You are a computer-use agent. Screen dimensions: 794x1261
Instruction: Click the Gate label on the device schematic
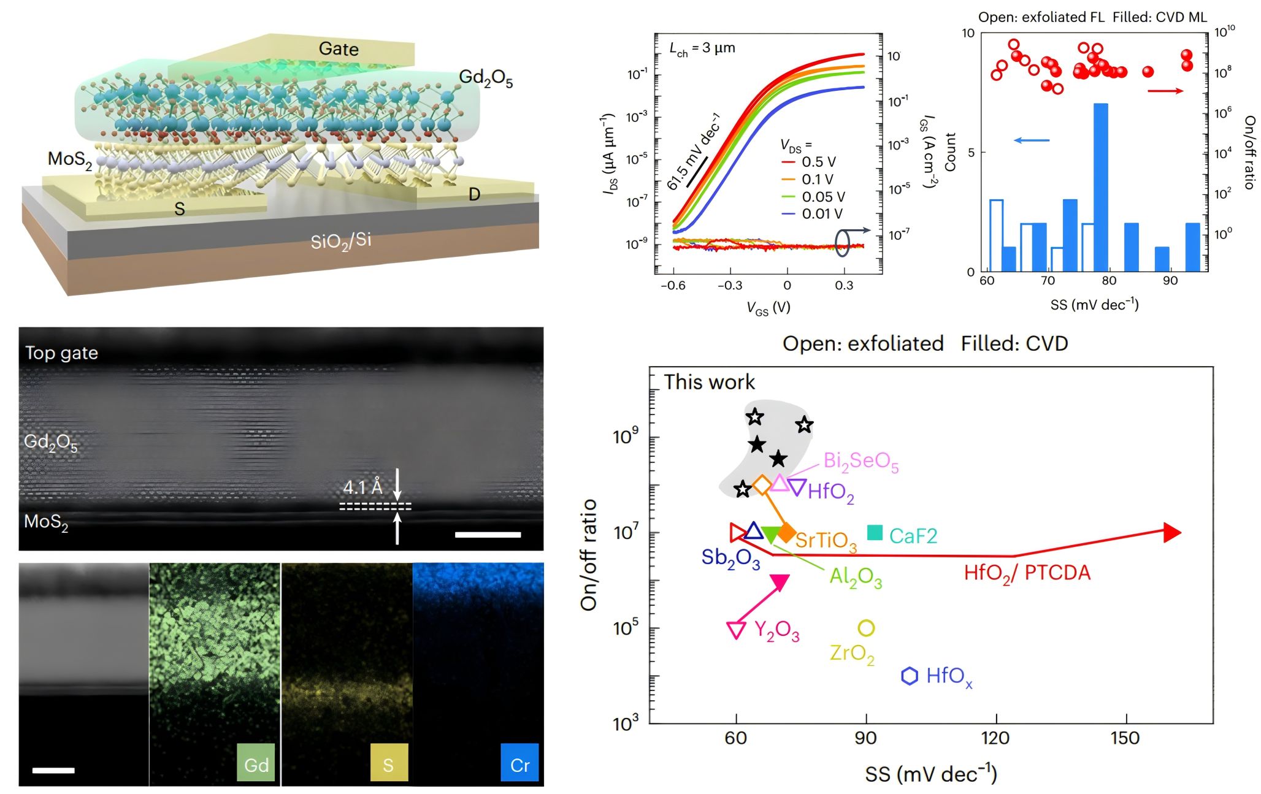coord(339,49)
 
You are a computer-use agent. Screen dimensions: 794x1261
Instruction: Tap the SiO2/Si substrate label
coord(340,240)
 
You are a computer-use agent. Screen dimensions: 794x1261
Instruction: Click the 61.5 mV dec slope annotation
coord(693,152)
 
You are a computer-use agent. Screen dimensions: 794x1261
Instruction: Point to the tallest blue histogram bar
coord(1100,187)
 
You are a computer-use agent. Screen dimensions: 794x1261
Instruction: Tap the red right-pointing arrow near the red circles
coord(1165,91)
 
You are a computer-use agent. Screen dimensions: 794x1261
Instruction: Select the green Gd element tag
coord(256,765)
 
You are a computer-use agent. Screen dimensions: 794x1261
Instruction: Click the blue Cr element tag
coord(519,765)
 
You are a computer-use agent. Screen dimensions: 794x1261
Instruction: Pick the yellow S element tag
coord(388,765)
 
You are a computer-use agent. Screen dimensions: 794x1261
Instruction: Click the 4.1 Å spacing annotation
coord(362,487)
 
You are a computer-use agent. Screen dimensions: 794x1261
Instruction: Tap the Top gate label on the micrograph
coord(61,353)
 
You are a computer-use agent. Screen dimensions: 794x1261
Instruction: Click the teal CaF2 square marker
coord(875,533)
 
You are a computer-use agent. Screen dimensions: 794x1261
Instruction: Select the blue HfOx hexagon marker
coord(909,676)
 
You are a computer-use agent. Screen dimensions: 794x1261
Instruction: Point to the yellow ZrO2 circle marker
coord(865,628)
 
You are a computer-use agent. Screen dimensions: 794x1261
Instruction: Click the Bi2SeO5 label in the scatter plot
coord(860,461)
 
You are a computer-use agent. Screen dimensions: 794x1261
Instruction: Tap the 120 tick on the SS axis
coord(995,738)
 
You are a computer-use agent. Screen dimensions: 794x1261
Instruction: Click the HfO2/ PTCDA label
coord(1027,573)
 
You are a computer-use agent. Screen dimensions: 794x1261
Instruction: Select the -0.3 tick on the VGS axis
coord(730,285)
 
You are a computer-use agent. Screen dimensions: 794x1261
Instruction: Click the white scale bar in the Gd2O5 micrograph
coord(488,535)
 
